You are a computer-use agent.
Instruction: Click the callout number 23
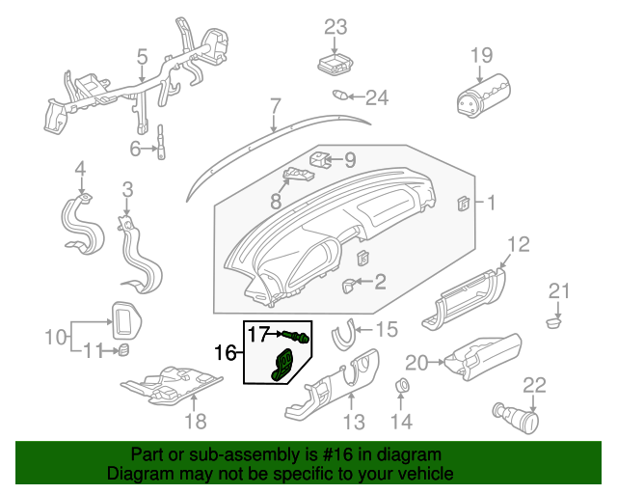point(335,27)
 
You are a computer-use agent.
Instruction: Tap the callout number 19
point(481,56)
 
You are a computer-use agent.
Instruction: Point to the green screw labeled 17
point(298,337)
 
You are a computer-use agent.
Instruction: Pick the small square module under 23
point(335,66)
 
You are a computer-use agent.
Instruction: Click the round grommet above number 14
point(400,389)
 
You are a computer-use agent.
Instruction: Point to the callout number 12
point(518,244)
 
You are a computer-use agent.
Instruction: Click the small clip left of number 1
point(464,203)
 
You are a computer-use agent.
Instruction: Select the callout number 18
point(195,421)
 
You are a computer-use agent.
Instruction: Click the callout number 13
point(354,422)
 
